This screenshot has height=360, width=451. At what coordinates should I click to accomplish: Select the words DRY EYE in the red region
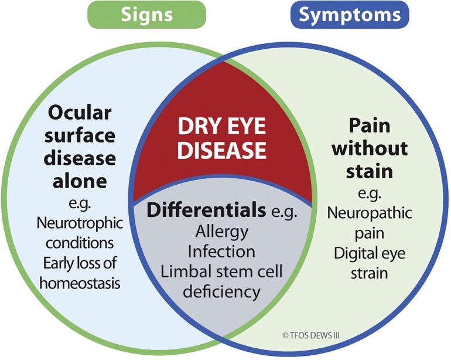pos(221,125)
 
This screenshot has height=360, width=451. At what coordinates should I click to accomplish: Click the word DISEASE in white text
pos(222,150)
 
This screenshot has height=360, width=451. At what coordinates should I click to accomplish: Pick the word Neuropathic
pos(370,212)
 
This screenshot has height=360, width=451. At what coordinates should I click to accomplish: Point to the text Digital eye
pos(370,254)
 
